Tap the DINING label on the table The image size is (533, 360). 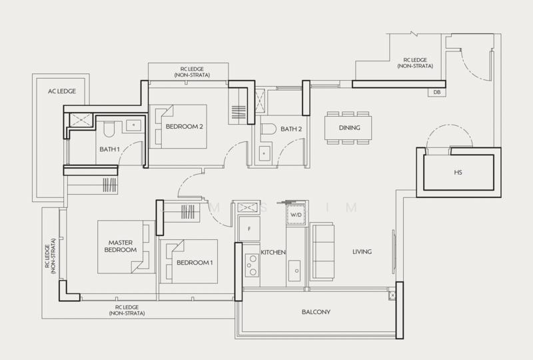click(x=349, y=128)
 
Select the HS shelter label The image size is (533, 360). click(x=458, y=173)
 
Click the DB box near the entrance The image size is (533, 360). click(x=437, y=93)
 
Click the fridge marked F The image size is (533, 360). click(x=249, y=229)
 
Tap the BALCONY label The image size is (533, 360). click(x=316, y=312)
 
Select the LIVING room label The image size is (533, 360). click(x=362, y=251)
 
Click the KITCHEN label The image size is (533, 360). click(x=273, y=253)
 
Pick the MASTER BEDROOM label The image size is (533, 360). click(x=120, y=246)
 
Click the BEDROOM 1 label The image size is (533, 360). click(x=195, y=263)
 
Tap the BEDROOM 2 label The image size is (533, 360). click(x=185, y=126)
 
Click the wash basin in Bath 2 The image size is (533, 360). click(x=264, y=153)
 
